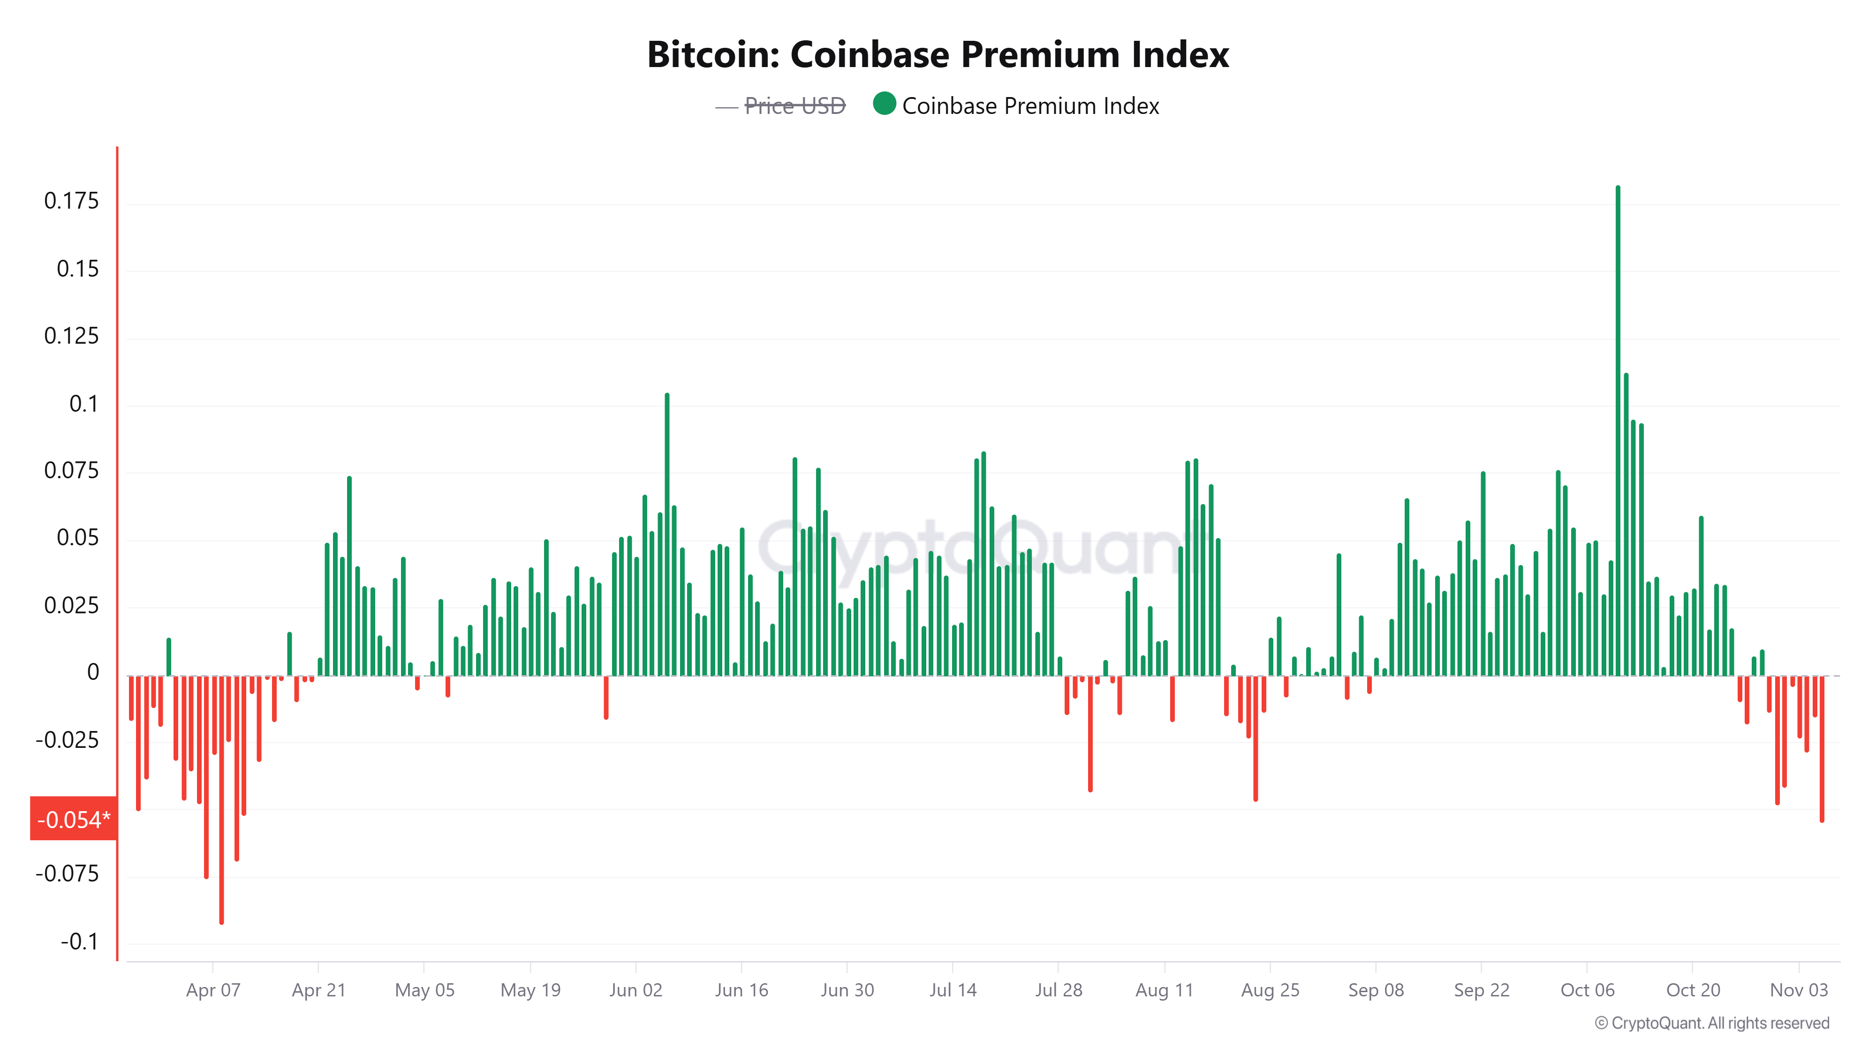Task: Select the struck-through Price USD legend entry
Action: tap(794, 106)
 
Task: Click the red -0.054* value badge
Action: tap(73, 819)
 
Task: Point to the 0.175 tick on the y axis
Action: tap(71, 201)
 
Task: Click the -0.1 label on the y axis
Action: tap(79, 942)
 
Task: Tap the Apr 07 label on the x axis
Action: tap(212, 990)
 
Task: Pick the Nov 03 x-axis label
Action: tap(1798, 990)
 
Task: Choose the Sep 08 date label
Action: tap(1375, 990)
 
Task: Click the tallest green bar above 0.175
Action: tap(1618, 430)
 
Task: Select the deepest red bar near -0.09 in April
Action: tap(221, 801)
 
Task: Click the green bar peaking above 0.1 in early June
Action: tap(666, 535)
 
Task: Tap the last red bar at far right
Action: tap(1822, 750)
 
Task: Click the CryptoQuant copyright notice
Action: tap(1711, 1023)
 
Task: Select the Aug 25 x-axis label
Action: tap(1270, 990)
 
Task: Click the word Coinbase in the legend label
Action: tap(949, 106)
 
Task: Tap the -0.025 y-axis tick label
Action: tap(67, 740)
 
